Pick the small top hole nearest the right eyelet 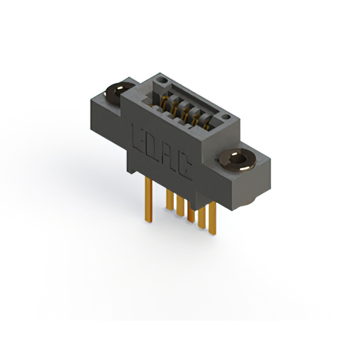(x=225, y=118)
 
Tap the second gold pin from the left (x=169, y=200)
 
